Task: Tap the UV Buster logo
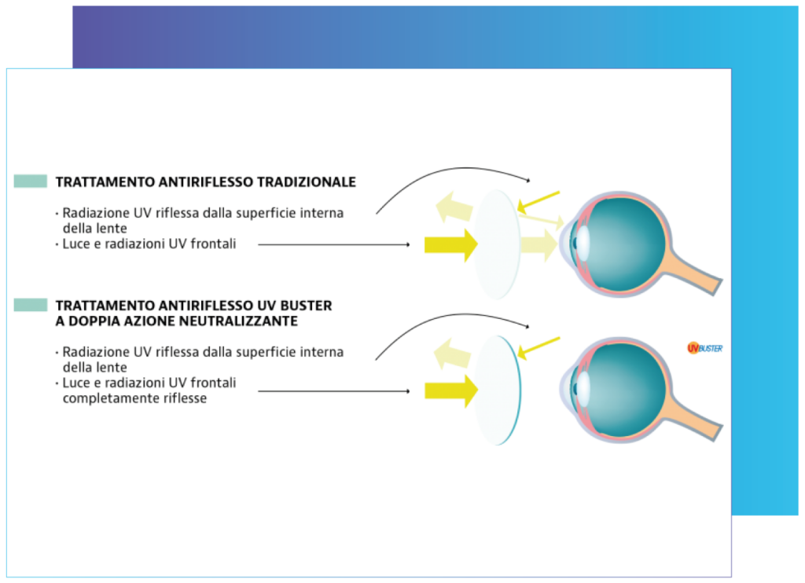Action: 704,349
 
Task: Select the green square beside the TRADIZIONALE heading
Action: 31,181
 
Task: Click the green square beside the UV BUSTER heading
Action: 31,305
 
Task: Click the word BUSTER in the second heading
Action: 306,306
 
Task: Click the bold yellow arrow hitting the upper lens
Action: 450,245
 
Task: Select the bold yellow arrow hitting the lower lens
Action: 450,391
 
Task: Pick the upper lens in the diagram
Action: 497,244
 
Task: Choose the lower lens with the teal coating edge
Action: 497,390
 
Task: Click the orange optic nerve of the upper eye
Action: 693,271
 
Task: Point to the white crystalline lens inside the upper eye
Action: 583,243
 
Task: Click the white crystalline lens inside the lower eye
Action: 583,388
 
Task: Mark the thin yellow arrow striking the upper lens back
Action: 538,202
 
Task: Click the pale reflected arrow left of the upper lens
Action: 454,207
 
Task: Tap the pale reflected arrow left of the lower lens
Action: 452,354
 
